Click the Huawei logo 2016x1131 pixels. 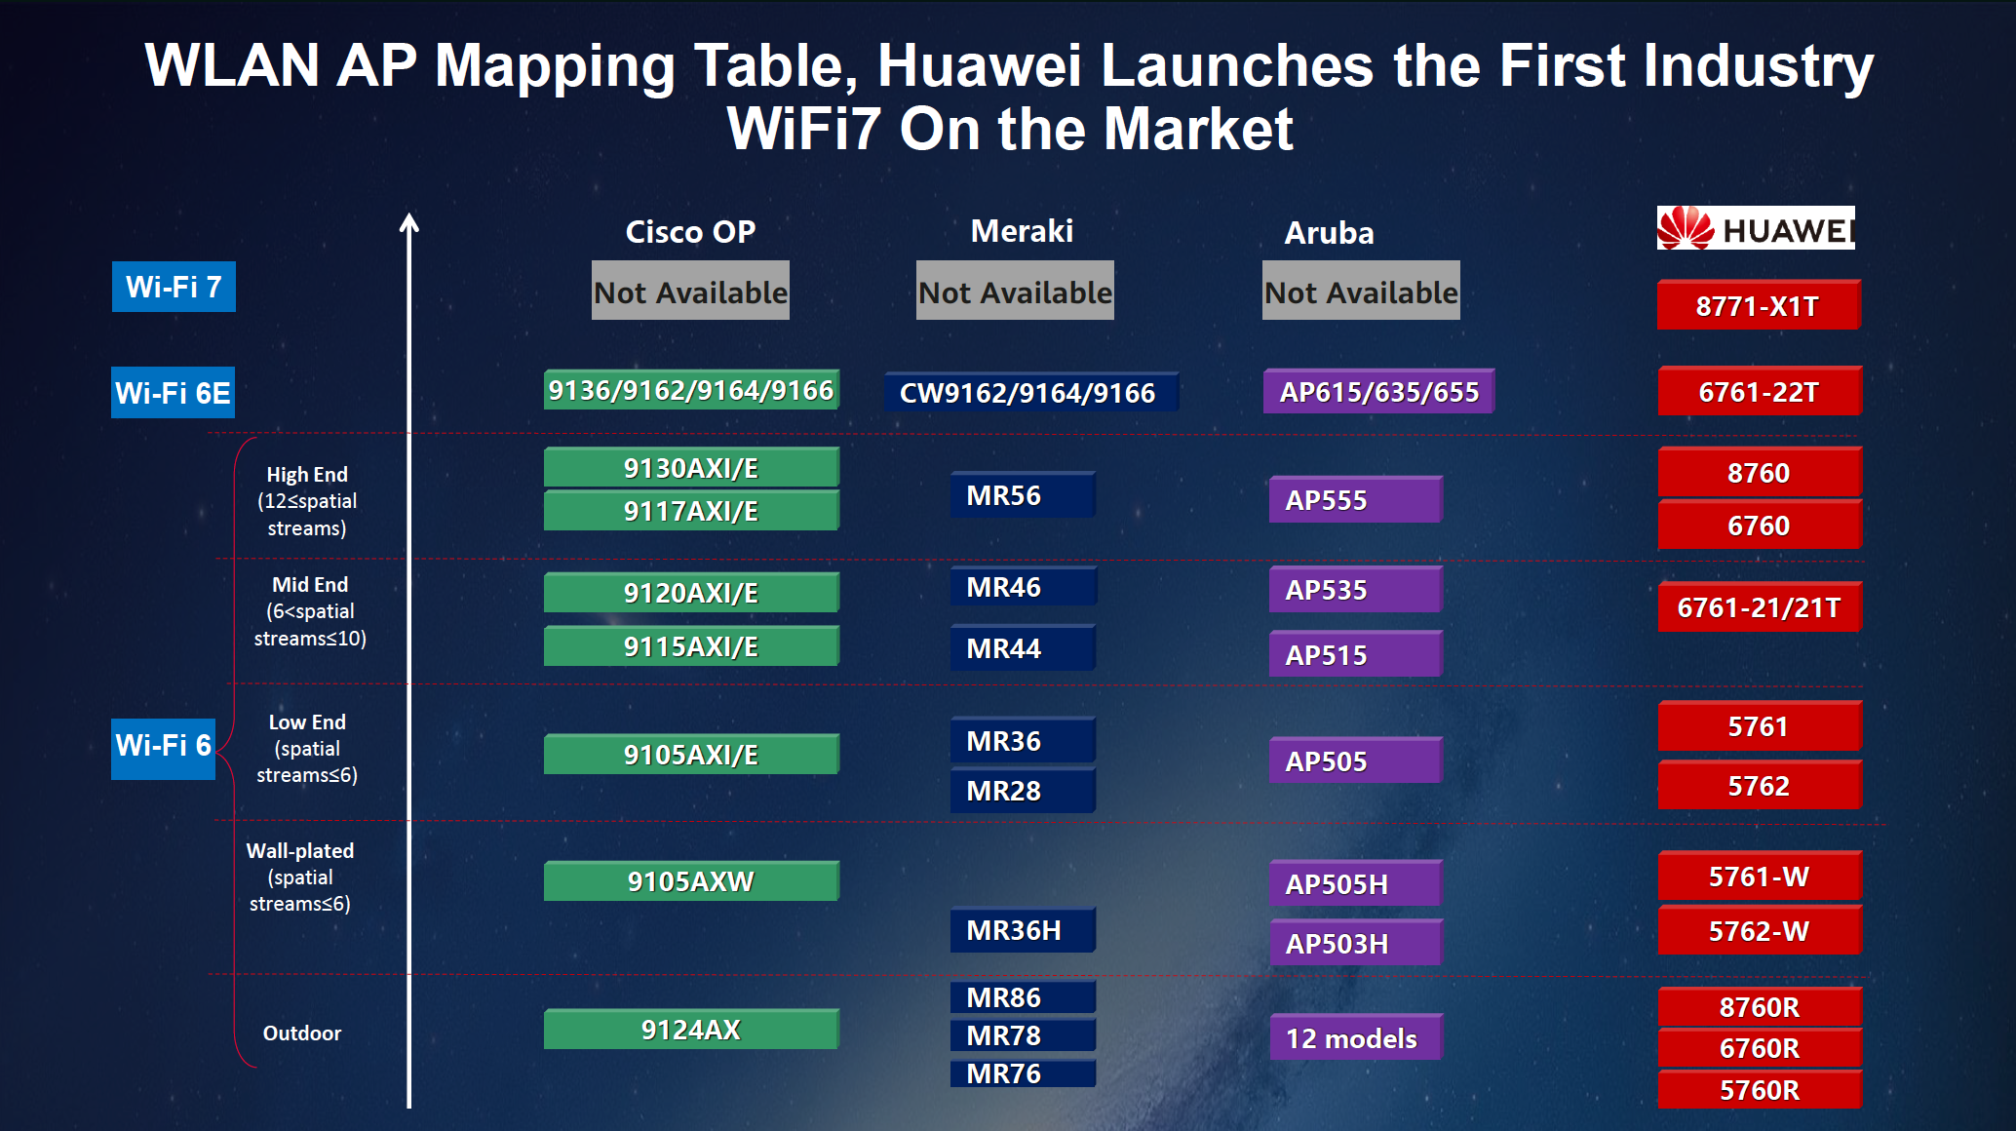point(1756,228)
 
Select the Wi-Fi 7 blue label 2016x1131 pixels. point(174,287)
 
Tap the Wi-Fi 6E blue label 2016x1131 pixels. point(173,393)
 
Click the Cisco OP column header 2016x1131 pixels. point(690,232)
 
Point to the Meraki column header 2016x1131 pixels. point(1022,231)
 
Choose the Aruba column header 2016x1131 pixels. point(1329,233)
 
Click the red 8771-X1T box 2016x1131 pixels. point(1759,305)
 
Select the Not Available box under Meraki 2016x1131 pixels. point(1015,291)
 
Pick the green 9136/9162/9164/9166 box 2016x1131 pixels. point(691,390)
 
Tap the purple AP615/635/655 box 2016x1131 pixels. point(1378,392)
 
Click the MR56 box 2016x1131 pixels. point(1023,495)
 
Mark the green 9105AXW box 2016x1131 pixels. point(691,881)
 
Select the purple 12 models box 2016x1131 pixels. point(1356,1037)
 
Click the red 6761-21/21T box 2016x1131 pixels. point(1760,607)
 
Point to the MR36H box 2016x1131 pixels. point(1023,930)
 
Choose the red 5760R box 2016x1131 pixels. point(1760,1090)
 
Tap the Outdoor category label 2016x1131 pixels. point(302,1033)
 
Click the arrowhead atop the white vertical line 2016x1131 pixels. point(409,222)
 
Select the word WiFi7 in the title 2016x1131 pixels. point(803,129)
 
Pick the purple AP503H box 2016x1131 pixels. point(1356,943)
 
